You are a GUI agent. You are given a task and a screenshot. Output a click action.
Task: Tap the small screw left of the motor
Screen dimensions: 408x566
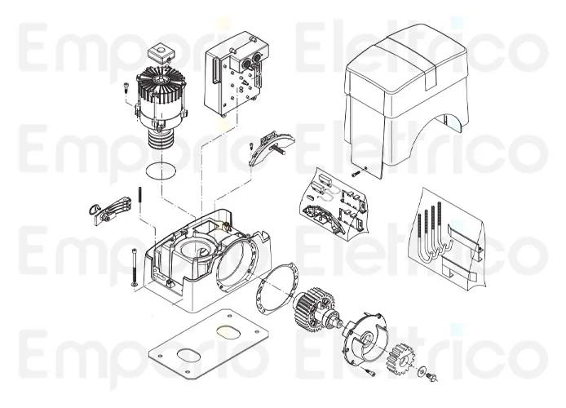coord(126,89)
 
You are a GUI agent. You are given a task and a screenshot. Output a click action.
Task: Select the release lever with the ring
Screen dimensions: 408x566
coord(109,209)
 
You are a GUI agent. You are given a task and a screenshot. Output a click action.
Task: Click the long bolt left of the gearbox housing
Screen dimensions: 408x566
coord(130,265)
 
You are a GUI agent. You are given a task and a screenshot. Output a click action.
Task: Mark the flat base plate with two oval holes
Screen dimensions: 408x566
coord(208,344)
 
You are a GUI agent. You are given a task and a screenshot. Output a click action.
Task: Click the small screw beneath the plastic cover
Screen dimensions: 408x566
coord(356,173)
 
